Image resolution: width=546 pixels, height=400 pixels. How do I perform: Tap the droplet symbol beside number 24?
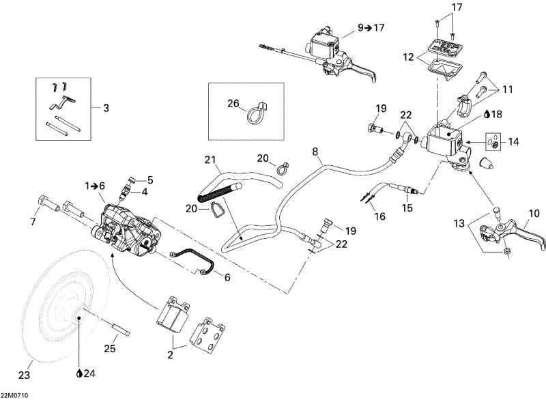click(x=81, y=373)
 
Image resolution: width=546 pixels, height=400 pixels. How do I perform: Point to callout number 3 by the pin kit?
click(x=106, y=107)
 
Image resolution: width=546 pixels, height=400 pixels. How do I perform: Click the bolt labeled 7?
click(x=43, y=203)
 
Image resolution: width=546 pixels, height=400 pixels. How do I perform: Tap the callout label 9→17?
click(x=371, y=28)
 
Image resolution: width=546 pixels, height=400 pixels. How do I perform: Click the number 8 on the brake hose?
click(x=315, y=151)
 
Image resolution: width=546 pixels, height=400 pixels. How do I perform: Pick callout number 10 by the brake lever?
click(x=534, y=214)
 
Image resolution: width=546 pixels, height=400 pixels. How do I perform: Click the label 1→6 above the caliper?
click(x=95, y=185)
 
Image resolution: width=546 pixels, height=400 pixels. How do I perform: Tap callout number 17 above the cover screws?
click(x=456, y=8)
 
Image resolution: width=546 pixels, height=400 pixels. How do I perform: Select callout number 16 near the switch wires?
click(x=379, y=216)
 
